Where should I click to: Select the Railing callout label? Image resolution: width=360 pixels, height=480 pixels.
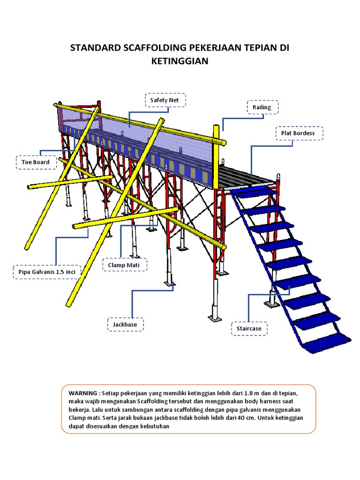point(262,107)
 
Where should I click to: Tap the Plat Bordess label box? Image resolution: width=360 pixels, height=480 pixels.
point(298,134)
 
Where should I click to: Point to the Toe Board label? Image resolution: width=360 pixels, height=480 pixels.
point(35,162)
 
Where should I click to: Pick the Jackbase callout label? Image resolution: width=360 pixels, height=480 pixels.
point(125,324)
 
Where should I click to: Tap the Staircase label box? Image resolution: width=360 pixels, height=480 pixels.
point(249,329)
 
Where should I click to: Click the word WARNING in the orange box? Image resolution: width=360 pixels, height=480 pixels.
point(83,393)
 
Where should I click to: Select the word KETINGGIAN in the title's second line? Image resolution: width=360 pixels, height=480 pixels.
point(180,61)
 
